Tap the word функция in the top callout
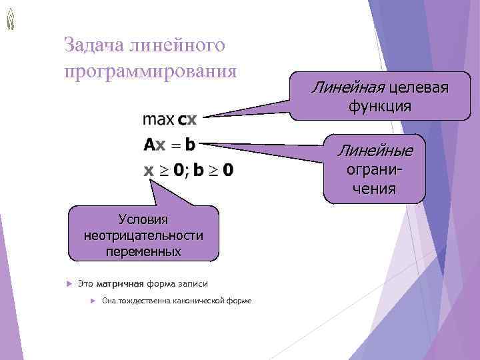tap(379, 106)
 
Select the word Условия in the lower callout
tap(143, 219)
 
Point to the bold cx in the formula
tap(187, 121)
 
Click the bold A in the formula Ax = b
tap(149, 145)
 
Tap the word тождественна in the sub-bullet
tap(143, 301)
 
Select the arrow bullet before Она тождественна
tap(93, 301)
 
